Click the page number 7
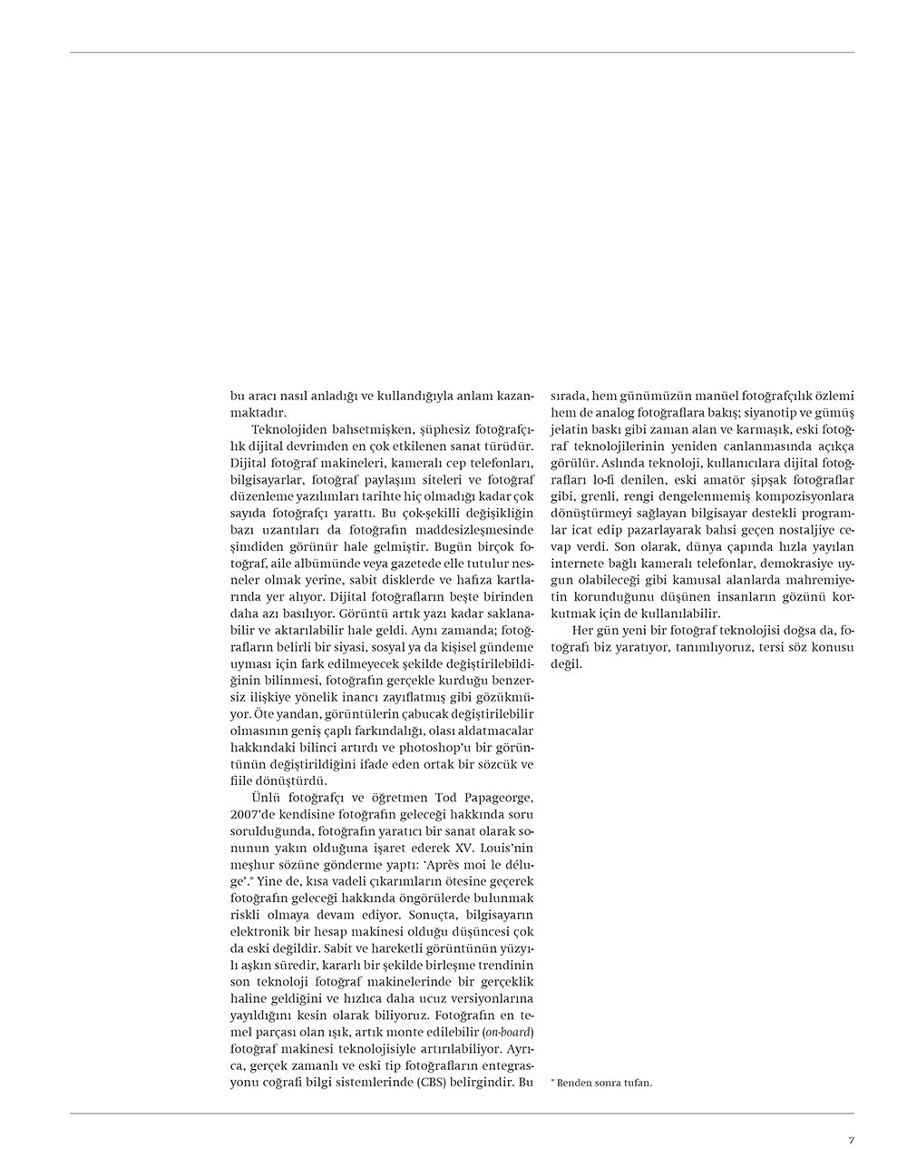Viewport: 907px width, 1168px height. coord(851,1141)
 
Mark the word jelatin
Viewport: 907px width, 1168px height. coord(571,429)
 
